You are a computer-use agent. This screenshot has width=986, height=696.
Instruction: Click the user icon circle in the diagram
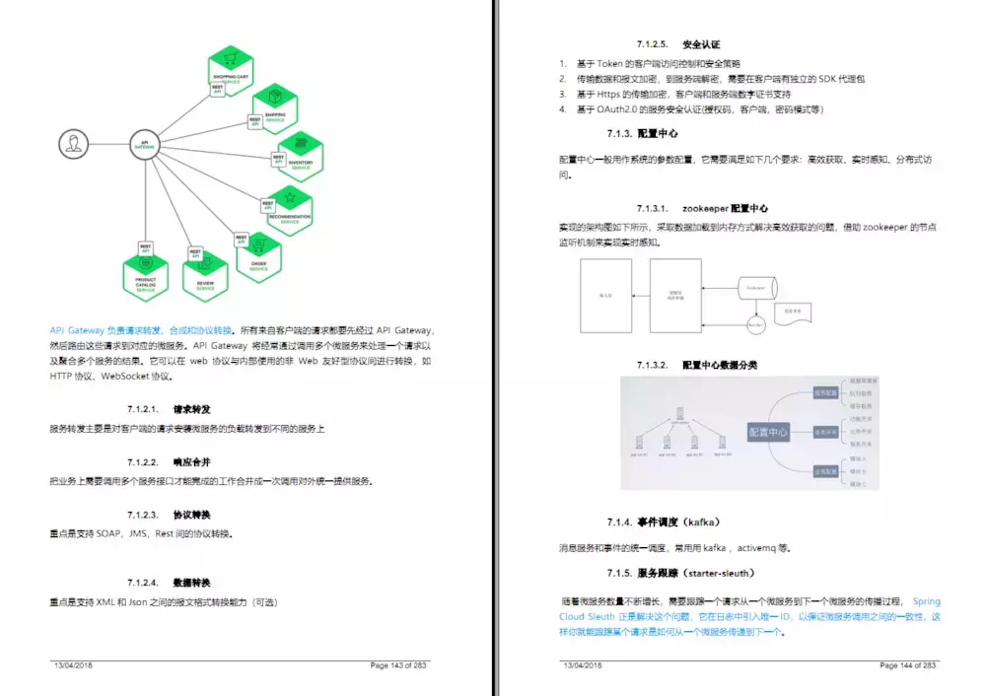[x=72, y=145]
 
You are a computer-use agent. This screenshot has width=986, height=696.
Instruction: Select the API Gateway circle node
[x=145, y=145]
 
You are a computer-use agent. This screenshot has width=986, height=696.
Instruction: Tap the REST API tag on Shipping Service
[x=254, y=121]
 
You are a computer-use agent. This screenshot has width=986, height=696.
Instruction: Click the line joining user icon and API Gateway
[x=108, y=145]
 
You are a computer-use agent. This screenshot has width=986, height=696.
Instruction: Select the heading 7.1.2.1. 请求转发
[x=169, y=408]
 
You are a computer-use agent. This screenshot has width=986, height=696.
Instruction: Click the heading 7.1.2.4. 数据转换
[x=169, y=582]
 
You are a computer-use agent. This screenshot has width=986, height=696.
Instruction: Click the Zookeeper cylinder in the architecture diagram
[x=756, y=288]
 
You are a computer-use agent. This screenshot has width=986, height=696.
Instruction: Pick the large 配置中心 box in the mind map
[x=768, y=431]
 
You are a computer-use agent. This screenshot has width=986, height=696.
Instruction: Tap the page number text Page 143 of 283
[x=399, y=665]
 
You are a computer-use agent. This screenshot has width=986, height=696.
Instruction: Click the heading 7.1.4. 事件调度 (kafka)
[x=664, y=522]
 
